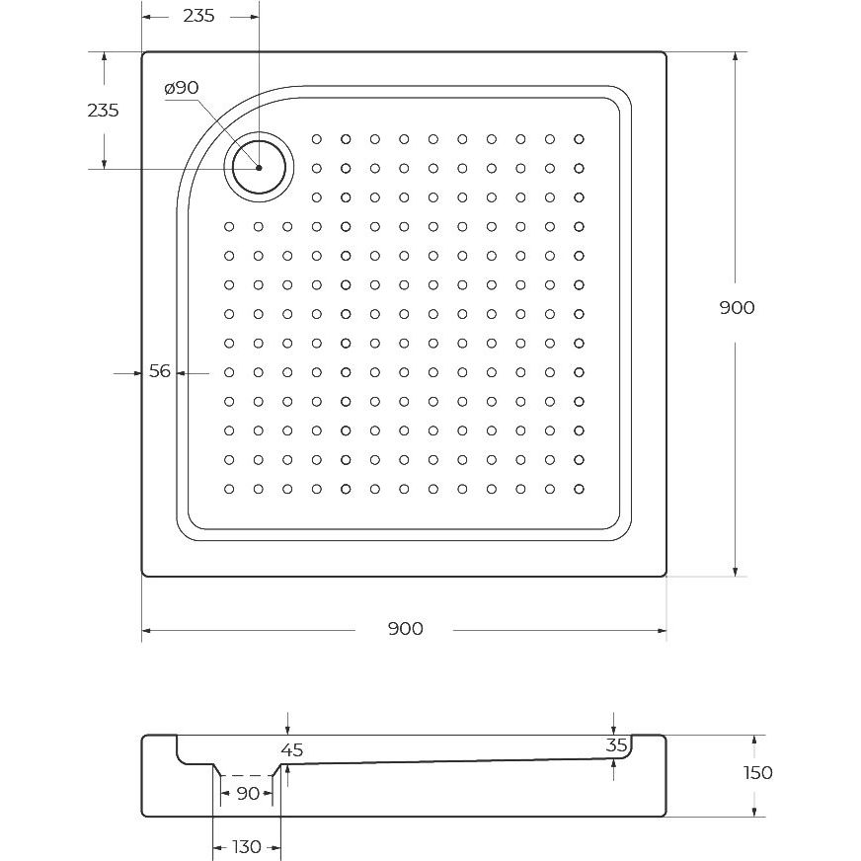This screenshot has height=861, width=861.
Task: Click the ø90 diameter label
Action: [x=182, y=88]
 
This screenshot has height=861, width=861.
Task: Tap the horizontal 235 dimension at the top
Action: [x=198, y=16]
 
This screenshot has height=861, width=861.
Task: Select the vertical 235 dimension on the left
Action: [x=104, y=111]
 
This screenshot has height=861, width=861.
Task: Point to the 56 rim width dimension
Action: [x=160, y=371]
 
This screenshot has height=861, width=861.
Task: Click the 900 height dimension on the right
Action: [x=737, y=307]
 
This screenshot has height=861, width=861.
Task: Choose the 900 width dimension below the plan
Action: [x=405, y=629]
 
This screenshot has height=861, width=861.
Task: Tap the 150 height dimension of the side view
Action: [x=758, y=772]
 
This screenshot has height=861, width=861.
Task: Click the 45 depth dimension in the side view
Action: [x=292, y=750]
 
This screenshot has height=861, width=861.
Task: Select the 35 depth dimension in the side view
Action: [x=617, y=745]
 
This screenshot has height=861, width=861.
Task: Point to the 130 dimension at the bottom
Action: [x=247, y=847]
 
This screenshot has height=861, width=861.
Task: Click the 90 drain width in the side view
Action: [x=248, y=794]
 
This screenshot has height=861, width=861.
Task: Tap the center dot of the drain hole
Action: [x=259, y=168]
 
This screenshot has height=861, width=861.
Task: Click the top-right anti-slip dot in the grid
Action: [x=579, y=139]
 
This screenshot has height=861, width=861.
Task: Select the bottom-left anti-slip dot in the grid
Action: [x=229, y=489]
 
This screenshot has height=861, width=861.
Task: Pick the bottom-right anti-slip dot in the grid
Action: [x=579, y=489]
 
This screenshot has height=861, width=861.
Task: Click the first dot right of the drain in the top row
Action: [x=317, y=139]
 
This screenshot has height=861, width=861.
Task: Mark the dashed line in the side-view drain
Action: [x=247, y=775]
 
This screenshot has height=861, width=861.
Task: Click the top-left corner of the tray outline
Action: [x=143, y=52]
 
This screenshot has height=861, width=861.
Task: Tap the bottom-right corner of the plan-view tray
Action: [x=666, y=576]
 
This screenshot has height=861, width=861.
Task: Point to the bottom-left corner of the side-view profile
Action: [x=143, y=816]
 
